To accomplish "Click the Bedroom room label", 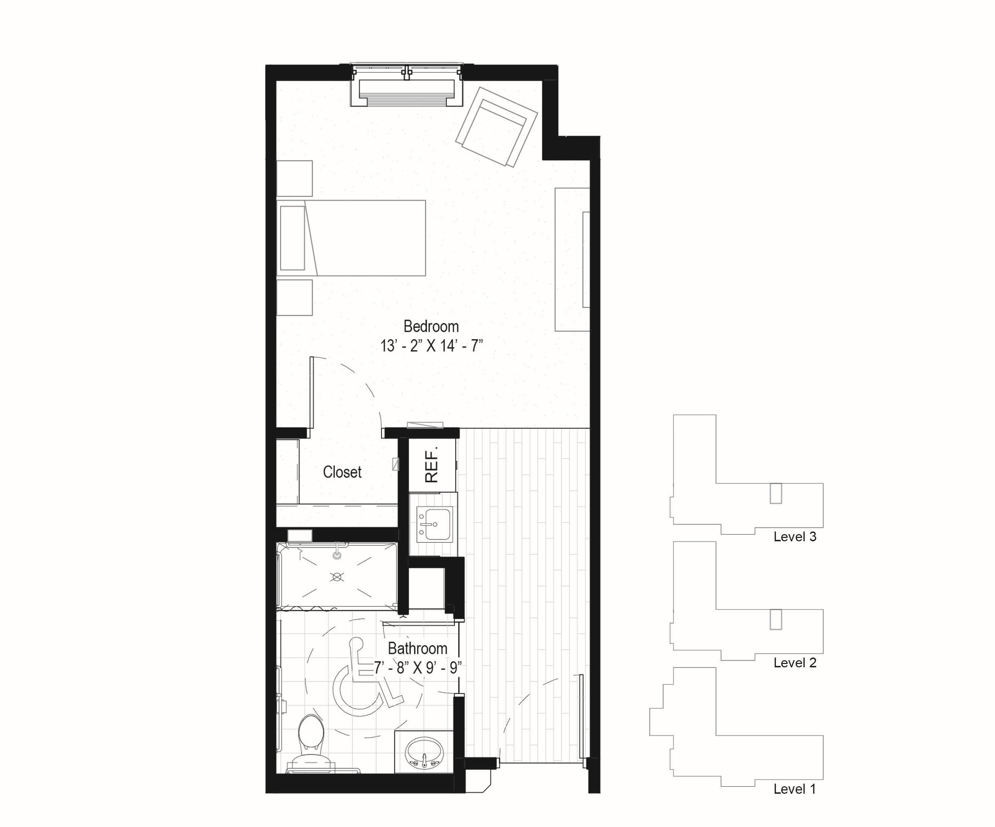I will [x=431, y=327].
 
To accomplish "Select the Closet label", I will [x=342, y=472].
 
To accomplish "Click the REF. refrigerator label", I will [x=432, y=464].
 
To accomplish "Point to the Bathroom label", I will [x=417, y=648].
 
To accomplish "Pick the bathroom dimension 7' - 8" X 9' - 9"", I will [x=418, y=667].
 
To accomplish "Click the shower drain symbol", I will [x=337, y=577].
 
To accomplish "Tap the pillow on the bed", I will [x=292, y=238].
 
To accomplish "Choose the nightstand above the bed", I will [x=295, y=178].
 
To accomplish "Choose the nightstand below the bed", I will [x=295, y=297].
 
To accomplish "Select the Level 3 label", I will [x=795, y=537].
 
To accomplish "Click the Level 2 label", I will [x=795, y=663].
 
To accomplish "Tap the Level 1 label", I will [x=795, y=789].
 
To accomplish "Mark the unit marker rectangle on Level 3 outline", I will [x=776, y=493].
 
